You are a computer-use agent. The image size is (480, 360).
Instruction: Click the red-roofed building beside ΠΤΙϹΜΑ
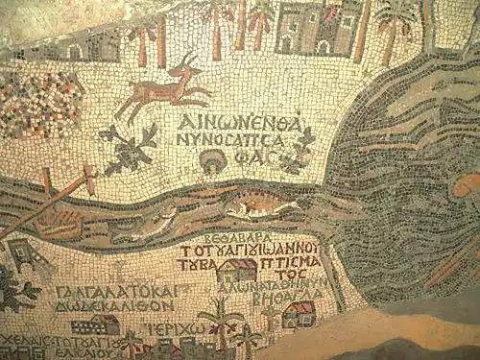click(235, 270)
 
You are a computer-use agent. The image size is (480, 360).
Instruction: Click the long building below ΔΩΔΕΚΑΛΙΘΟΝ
click(95, 324)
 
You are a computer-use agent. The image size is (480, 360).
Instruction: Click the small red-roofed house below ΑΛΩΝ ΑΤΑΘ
click(299, 313)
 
